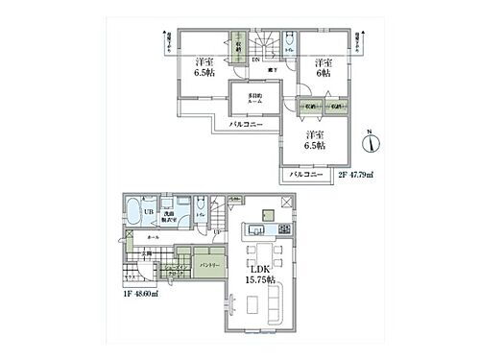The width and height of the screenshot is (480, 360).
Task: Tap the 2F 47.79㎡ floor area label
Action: click(x=355, y=176)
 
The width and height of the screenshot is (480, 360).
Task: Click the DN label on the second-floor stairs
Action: click(x=255, y=60)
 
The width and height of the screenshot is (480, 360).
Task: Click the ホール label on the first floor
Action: click(x=154, y=234)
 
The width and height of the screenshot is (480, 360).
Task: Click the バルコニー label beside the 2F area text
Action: click(x=305, y=176)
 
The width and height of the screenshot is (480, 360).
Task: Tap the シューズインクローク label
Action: click(x=173, y=271)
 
